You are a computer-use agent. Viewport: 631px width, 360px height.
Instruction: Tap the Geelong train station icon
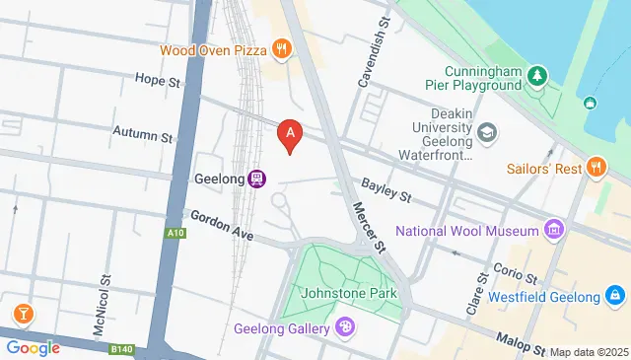point(257,179)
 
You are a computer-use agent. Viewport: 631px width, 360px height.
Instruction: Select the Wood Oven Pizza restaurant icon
point(283,47)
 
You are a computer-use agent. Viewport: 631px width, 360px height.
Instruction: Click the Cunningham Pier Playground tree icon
point(536,74)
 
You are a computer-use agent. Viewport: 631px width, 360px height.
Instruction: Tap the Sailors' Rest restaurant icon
point(594,168)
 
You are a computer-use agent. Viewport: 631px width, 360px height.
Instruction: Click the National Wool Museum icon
point(555,232)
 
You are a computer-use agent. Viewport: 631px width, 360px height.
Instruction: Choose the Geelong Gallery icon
point(345,327)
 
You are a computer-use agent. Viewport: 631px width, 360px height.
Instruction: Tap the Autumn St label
point(143,130)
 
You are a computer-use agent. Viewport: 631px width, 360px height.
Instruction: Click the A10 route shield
point(175,233)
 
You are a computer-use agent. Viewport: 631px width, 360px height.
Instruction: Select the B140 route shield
point(120,348)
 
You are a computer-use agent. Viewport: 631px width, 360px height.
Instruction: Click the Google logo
point(33,347)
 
